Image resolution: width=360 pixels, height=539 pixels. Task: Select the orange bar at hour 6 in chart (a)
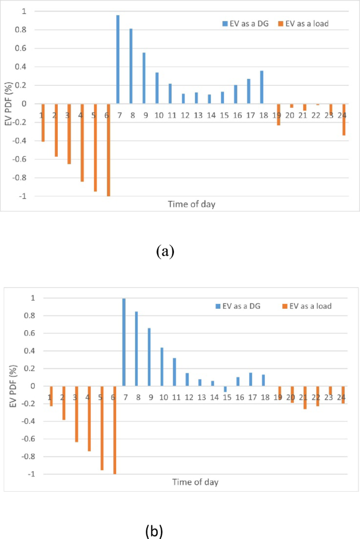pyautogui.click(x=108, y=150)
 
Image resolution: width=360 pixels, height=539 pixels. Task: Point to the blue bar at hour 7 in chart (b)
pyautogui.click(x=124, y=342)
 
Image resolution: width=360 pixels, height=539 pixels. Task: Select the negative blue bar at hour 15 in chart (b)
pyautogui.click(x=225, y=389)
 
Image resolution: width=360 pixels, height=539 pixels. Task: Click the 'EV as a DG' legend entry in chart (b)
pyautogui.click(x=245, y=306)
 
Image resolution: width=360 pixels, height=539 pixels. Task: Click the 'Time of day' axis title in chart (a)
pyautogui.click(x=189, y=203)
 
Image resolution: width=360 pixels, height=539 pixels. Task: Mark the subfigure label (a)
pyautogui.click(x=165, y=251)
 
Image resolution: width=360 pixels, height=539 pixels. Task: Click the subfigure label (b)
pyautogui.click(x=155, y=532)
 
